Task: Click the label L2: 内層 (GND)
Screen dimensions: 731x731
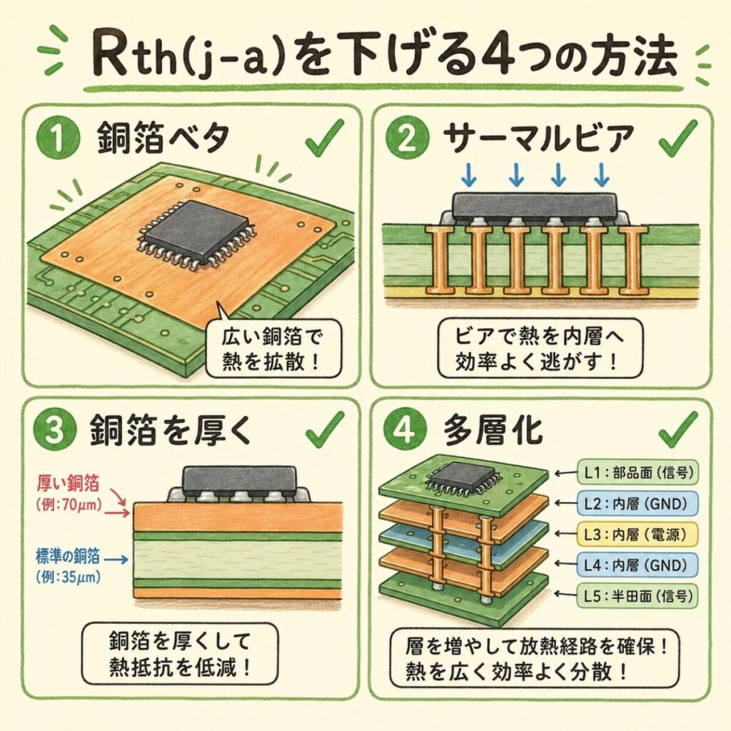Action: click(x=637, y=503)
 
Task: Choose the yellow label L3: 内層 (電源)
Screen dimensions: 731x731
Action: click(x=637, y=534)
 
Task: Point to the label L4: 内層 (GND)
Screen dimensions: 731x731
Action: click(x=637, y=565)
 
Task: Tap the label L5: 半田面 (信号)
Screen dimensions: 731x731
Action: click(x=637, y=596)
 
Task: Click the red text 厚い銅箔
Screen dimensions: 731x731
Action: click(x=68, y=483)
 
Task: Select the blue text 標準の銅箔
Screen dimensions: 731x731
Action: click(x=68, y=556)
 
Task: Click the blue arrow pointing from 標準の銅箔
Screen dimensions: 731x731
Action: click(x=116, y=558)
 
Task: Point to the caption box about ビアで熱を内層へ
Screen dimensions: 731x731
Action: click(x=540, y=348)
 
